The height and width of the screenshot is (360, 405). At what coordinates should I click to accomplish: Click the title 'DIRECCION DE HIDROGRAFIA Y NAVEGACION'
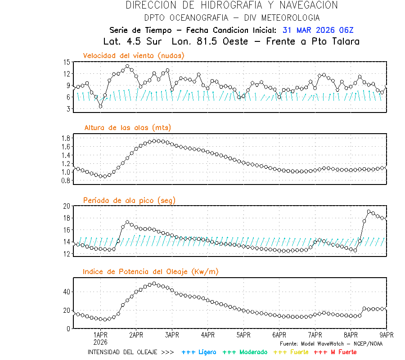click(x=232, y=5)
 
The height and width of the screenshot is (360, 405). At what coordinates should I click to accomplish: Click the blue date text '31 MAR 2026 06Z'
click(x=318, y=30)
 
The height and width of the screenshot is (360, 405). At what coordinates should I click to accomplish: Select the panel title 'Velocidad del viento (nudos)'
click(x=134, y=55)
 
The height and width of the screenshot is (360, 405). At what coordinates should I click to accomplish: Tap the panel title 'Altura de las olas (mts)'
click(x=127, y=128)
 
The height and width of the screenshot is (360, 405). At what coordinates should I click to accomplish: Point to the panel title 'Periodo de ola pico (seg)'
click(x=129, y=200)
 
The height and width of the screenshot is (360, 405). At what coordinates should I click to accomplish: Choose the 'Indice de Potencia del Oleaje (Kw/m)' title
click(x=151, y=271)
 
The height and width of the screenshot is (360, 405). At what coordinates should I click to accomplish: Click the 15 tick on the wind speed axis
click(x=67, y=62)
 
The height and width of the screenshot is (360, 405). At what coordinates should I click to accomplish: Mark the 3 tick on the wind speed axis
click(x=68, y=109)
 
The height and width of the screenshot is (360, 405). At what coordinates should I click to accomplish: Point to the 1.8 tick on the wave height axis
click(x=65, y=138)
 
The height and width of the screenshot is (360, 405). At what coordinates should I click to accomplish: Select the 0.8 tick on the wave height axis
click(x=65, y=180)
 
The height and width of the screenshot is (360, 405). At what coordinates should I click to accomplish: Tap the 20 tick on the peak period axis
click(x=66, y=206)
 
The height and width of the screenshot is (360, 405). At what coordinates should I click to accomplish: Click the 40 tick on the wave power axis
click(x=66, y=292)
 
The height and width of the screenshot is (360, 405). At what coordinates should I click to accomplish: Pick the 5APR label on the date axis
click(x=243, y=335)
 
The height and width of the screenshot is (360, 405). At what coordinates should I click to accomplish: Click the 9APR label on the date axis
click(x=387, y=335)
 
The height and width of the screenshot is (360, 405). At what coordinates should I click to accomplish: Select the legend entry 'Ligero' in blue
click(x=199, y=352)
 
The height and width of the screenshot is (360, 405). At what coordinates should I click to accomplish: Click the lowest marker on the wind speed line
click(x=100, y=106)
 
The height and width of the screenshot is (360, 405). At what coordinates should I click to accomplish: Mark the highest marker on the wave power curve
click(x=154, y=283)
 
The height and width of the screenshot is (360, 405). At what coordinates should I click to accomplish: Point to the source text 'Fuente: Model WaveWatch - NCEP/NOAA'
click(x=331, y=343)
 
